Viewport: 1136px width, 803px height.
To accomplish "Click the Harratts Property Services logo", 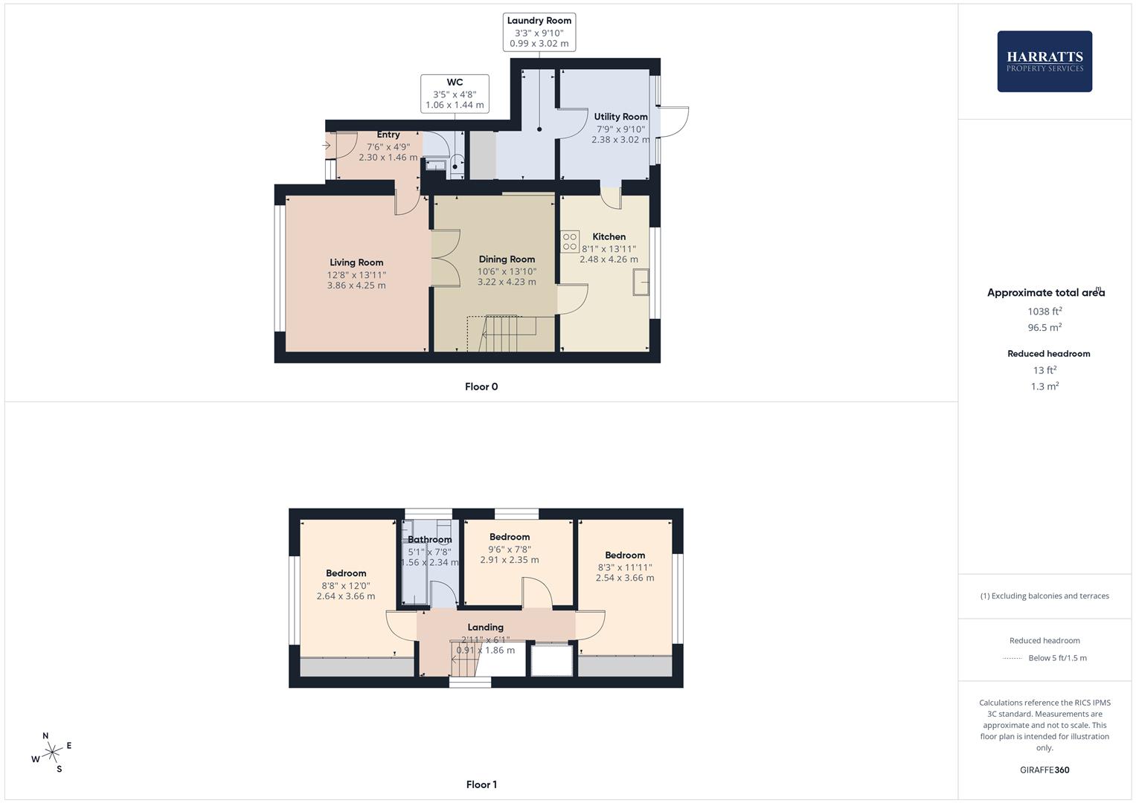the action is [x=1044, y=61].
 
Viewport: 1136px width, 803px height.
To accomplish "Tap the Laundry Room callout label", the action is [x=539, y=32].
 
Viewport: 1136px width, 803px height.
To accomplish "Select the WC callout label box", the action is [x=455, y=94].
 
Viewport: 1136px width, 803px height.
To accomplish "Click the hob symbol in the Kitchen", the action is [x=570, y=242].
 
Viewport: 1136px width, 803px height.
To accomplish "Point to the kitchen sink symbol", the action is [x=641, y=282].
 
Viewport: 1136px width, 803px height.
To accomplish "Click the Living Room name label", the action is [x=356, y=262].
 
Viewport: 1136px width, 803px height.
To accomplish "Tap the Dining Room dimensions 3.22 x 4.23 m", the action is [x=507, y=282].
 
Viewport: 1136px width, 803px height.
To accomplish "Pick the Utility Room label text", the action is [x=620, y=117].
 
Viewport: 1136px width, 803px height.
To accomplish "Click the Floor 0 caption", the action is [x=481, y=387].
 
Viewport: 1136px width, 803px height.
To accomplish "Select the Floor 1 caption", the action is [x=481, y=784].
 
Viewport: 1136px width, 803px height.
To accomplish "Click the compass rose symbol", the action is [x=51, y=752].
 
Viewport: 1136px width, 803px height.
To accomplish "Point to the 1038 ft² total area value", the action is [x=1044, y=312].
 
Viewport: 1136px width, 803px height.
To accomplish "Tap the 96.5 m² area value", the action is [x=1044, y=327].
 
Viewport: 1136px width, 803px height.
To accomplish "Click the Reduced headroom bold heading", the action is [x=1049, y=354].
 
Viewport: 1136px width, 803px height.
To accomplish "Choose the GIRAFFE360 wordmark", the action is [x=1044, y=770].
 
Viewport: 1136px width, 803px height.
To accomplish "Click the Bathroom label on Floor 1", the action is [x=429, y=539].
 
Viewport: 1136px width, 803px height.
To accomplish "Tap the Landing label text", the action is [x=485, y=627].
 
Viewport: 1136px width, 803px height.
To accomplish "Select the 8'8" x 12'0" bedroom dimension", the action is [x=346, y=586].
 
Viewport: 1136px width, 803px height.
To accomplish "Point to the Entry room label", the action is [x=388, y=135].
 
